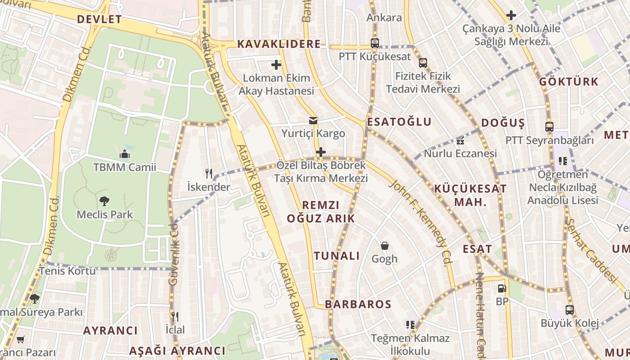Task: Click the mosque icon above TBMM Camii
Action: tap(125, 155)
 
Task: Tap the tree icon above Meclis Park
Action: tap(104, 201)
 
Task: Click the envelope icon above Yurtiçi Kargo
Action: tap(313, 121)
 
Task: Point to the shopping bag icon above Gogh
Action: tap(384, 246)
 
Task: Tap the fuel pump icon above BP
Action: tap(502, 288)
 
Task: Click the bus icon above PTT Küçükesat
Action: tap(375, 43)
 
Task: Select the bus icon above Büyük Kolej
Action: tap(570, 310)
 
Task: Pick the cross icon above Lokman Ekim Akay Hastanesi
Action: tap(276, 65)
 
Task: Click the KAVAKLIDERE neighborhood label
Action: tap(279, 44)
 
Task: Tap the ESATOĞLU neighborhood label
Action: tap(399, 122)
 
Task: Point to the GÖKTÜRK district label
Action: tap(569, 82)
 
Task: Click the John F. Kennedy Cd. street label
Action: tap(420, 223)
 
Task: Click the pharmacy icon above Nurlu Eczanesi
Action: tap(460, 141)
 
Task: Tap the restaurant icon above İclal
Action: tap(175, 317)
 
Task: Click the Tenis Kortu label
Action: tap(67, 271)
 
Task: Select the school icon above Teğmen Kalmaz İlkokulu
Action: tap(410, 324)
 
